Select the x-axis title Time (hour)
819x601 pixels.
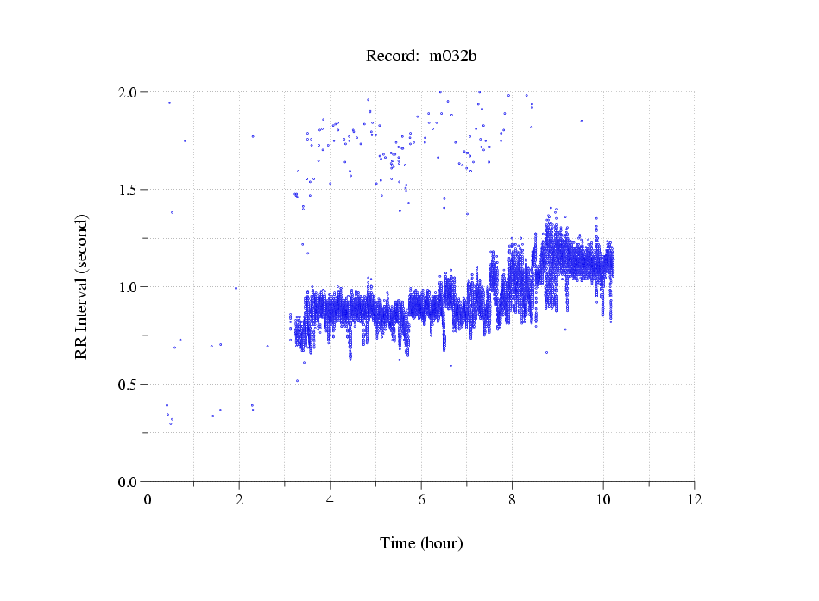point(421,543)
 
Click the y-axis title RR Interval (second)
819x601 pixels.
point(82,285)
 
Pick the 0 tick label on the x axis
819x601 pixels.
point(148,499)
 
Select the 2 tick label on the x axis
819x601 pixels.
point(239,499)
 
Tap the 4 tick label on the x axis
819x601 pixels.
point(331,499)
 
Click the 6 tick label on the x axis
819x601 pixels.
point(421,499)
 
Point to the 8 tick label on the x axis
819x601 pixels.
point(512,499)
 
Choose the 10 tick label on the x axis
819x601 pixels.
point(603,499)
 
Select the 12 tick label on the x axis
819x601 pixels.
point(694,499)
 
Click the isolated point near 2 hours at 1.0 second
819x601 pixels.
point(236,288)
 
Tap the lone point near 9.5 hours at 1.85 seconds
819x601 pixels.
point(582,121)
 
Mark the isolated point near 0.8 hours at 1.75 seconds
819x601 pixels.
point(185,141)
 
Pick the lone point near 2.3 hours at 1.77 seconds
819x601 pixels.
point(253,136)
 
